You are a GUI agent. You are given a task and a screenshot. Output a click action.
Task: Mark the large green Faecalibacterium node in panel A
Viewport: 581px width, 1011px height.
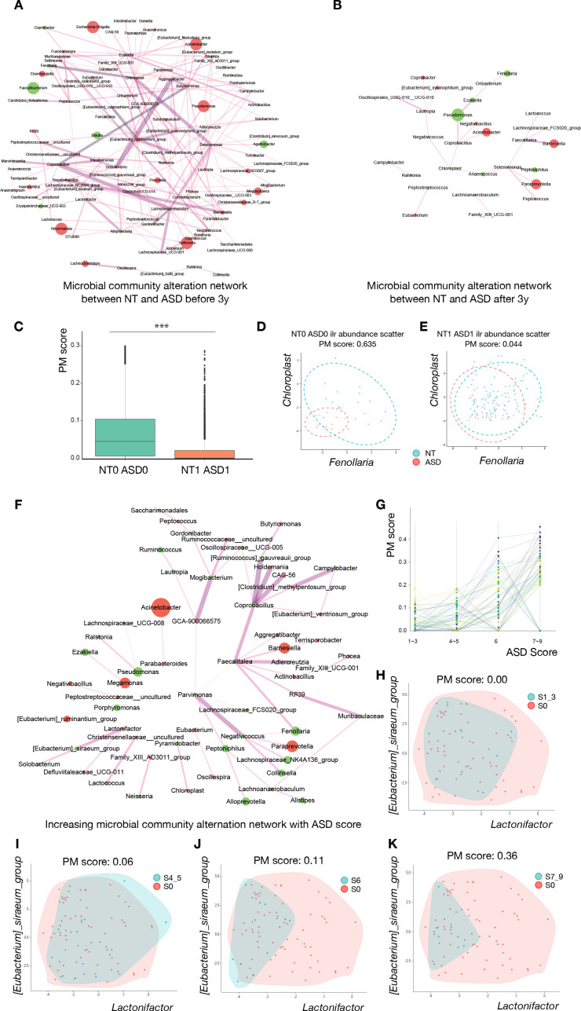point(33,89)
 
